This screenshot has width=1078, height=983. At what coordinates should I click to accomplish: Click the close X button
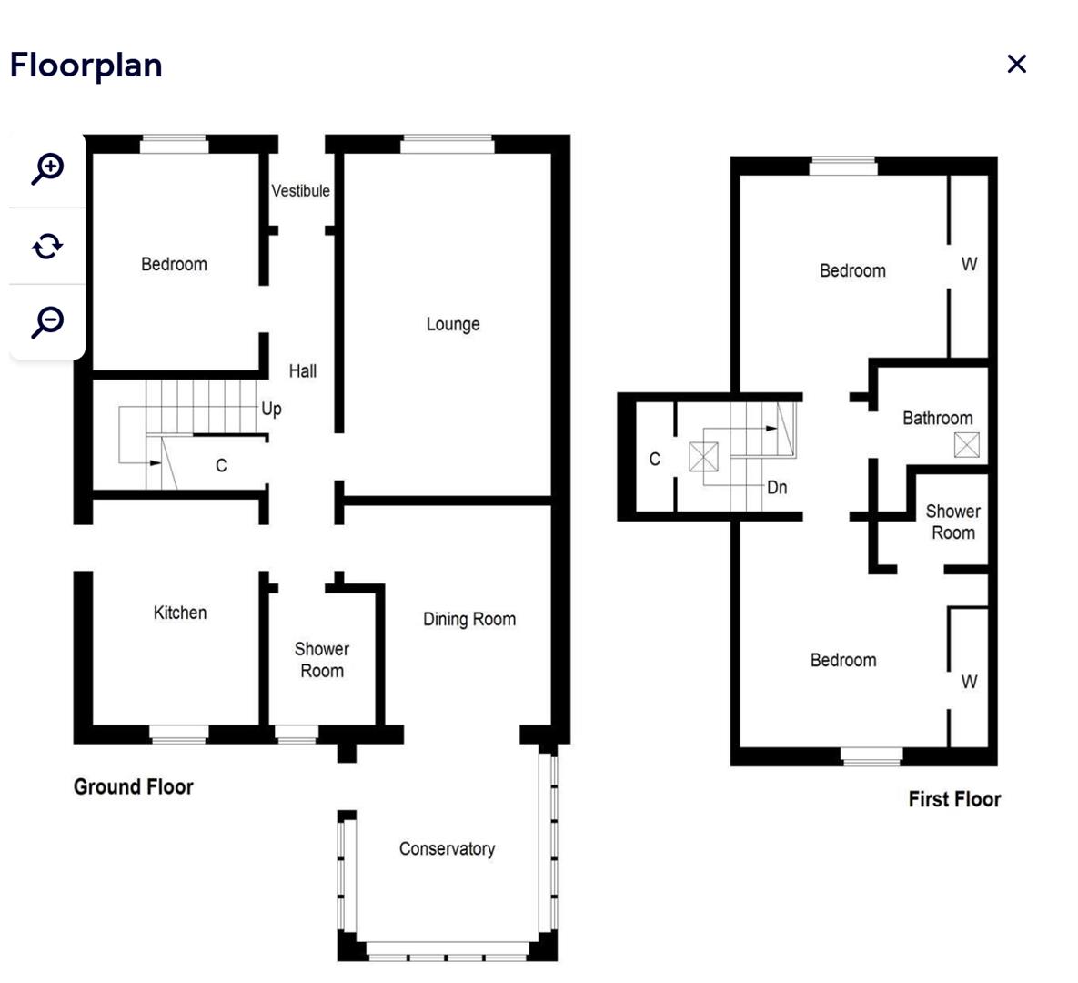[x=1016, y=64]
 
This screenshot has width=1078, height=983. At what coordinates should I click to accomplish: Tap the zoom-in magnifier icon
[x=47, y=168]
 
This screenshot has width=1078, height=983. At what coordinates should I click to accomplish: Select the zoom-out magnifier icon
[x=47, y=321]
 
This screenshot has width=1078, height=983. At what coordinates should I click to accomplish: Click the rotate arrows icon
[x=47, y=246]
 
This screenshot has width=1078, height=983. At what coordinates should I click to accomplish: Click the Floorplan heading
[x=86, y=66]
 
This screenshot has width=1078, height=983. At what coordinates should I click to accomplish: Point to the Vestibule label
[x=300, y=190]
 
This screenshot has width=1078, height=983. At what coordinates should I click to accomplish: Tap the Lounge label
[x=452, y=324]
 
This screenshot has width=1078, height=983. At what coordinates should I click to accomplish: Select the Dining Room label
[x=468, y=620]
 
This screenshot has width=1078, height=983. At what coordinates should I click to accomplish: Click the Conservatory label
[x=447, y=848]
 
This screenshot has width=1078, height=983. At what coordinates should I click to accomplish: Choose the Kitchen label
[x=179, y=613]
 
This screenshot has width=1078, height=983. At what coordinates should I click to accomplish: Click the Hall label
[x=302, y=370]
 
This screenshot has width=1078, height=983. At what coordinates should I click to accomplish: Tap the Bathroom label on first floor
[x=937, y=418]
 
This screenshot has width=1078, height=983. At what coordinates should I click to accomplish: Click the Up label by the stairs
[x=271, y=409]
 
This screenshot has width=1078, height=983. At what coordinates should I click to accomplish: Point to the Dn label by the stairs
[x=777, y=487]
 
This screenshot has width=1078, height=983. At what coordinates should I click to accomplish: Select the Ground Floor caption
[x=134, y=786]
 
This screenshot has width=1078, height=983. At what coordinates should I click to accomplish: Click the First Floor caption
[x=954, y=799]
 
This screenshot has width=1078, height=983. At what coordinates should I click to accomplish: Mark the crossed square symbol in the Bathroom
[x=967, y=445]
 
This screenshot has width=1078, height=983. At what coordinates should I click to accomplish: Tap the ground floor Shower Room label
[x=321, y=660]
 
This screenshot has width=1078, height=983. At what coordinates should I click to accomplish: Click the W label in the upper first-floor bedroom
[x=969, y=264]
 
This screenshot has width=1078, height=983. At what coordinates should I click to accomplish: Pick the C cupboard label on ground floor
[x=220, y=465]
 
